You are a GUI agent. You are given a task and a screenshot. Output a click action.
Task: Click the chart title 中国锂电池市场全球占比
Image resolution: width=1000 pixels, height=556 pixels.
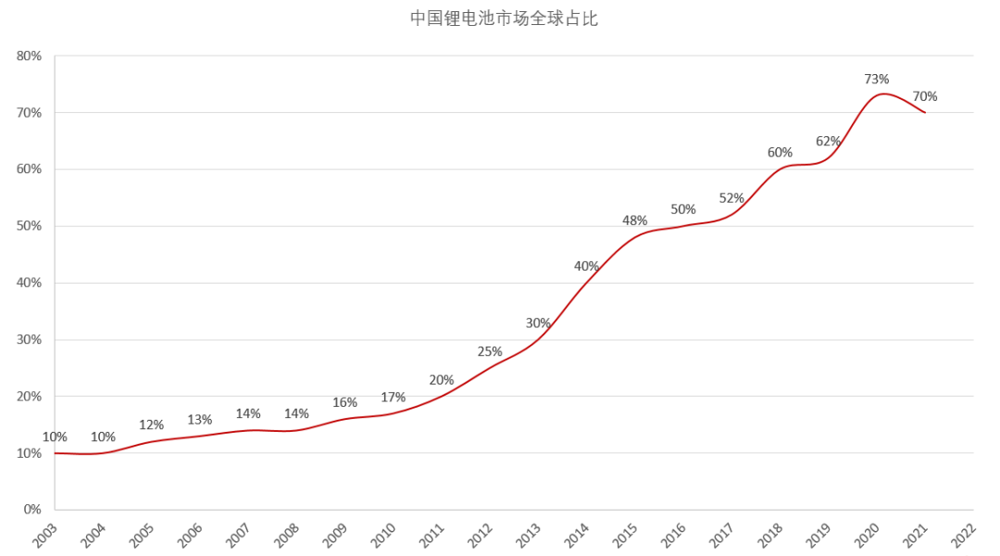[505, 19]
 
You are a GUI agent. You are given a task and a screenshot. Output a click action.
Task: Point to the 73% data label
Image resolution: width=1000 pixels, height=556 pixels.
[877, 79]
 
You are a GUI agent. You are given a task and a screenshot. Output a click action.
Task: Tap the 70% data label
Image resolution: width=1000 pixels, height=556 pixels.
[925, 96]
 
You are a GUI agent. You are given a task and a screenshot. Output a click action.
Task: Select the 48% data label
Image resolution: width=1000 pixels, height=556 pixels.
[634, 221]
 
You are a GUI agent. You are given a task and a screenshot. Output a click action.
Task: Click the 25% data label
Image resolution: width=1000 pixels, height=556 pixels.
[490, 351]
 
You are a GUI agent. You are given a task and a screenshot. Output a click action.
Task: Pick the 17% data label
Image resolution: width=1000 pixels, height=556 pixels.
[394, 397]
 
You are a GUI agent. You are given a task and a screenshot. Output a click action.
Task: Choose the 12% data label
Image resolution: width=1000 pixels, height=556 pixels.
[152, 424]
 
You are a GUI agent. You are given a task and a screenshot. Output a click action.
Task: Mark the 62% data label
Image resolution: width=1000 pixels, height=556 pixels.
[829, 141]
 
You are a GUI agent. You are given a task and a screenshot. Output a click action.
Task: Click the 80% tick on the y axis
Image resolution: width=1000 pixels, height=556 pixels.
[29, 56]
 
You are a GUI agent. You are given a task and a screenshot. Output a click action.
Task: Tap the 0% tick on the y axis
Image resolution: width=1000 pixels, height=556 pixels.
[32, 510]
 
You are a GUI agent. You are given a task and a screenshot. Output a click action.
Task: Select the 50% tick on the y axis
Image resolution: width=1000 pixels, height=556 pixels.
[29, 226]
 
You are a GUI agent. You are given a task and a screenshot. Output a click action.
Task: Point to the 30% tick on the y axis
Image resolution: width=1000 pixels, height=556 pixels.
[29, 339]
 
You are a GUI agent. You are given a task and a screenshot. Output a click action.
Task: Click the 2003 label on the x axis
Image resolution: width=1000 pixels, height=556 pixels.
[45, 535]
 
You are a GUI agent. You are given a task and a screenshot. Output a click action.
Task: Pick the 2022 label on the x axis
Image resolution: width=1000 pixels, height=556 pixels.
[964, 535]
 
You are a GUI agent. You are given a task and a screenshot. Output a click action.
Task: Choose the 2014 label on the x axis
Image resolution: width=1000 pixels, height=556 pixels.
[577, 535]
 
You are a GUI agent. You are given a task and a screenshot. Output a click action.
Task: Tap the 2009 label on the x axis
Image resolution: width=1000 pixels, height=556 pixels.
[335, 535]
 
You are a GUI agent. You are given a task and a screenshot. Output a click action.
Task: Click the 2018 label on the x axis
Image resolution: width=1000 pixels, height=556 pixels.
[770, 535]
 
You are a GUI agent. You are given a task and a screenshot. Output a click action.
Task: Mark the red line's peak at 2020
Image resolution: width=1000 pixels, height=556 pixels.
[882, 94]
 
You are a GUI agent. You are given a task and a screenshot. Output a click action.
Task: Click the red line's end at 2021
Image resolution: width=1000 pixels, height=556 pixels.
[925, 112]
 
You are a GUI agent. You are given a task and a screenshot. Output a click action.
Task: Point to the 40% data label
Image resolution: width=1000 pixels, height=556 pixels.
[586, 266]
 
